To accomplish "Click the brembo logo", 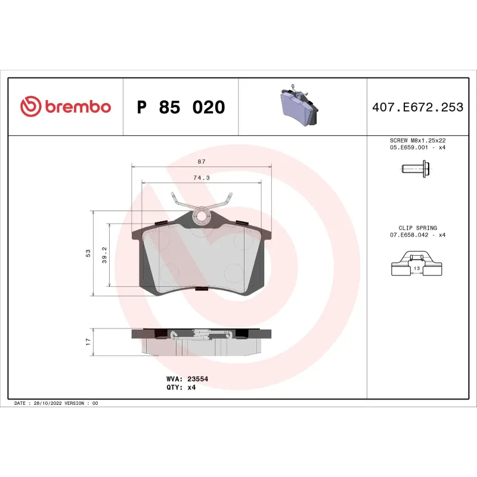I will pyautogui.click(x=66, y=107).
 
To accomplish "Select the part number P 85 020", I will pyautogui.click(x=181, y=107).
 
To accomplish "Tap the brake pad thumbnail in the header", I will pyautogui.click(x=299, y=107).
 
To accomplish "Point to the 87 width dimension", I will pyautogui.click(x=202, y=162).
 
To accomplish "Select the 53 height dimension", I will pyautogui.click(x=88, y=253).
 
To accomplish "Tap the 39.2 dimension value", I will pyautogui.click(x=105, y=253).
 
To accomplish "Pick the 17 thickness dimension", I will pyautogui.click(x=88, y=342).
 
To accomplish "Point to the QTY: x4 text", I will pyautogui.click(x=181, y=387).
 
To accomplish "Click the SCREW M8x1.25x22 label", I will pyautogui.click(x=417, y=140).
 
